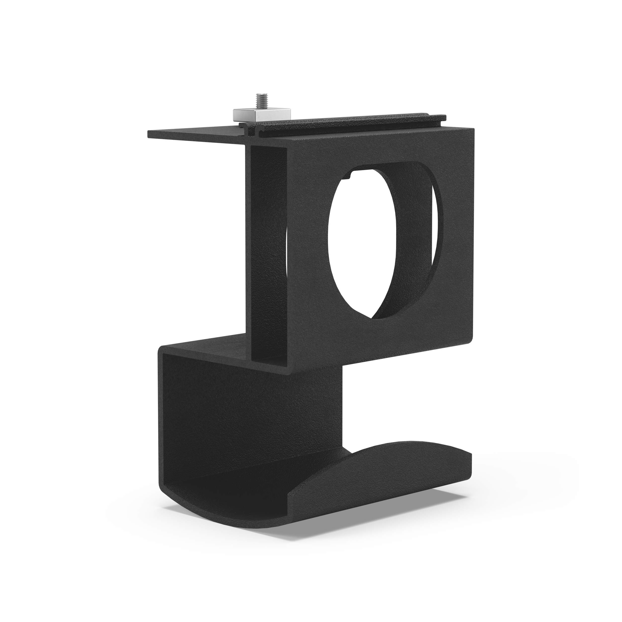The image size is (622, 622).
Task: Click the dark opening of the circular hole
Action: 361,245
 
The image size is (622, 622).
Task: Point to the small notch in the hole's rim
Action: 352,175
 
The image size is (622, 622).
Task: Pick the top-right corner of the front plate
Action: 473,129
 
